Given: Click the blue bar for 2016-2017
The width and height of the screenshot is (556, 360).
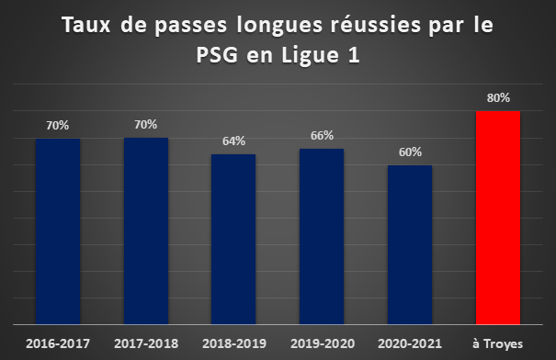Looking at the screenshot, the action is tap(58, 231).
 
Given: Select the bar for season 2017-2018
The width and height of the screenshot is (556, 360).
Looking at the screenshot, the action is tap(146, 231).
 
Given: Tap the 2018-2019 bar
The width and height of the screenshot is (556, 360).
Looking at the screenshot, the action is tap(233, 239).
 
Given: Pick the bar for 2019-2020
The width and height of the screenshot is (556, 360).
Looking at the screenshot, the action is tap(322, 236).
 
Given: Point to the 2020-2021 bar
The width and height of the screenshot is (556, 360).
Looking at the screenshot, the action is tap(410, 244).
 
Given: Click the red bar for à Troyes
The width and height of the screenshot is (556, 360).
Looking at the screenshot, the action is tap(498, 218).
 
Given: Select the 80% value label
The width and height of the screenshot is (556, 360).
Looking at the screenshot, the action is tap(498, 97).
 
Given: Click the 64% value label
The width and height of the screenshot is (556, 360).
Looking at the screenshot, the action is tap(233, 141).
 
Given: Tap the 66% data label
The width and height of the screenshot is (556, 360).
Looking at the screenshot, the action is tap(322, 136).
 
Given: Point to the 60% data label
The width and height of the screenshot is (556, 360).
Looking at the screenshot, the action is tap(410, 152).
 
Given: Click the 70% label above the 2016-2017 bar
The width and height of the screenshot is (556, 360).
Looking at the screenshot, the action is tap(58, 126).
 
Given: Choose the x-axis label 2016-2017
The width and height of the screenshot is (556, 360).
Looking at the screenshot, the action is tap(58, 343).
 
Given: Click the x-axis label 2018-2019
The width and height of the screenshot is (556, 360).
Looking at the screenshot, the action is tap(234, 343).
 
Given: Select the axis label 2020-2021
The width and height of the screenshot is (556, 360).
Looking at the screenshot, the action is tap(410, 343).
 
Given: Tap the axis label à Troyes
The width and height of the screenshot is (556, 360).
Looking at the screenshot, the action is tap(498, 344).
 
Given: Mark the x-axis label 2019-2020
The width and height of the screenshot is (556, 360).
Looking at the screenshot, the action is tap(323, 343).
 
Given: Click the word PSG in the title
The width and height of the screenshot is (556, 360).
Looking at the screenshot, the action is tap(217, 55).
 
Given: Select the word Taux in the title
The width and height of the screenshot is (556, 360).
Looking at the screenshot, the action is tap(86, 25).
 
